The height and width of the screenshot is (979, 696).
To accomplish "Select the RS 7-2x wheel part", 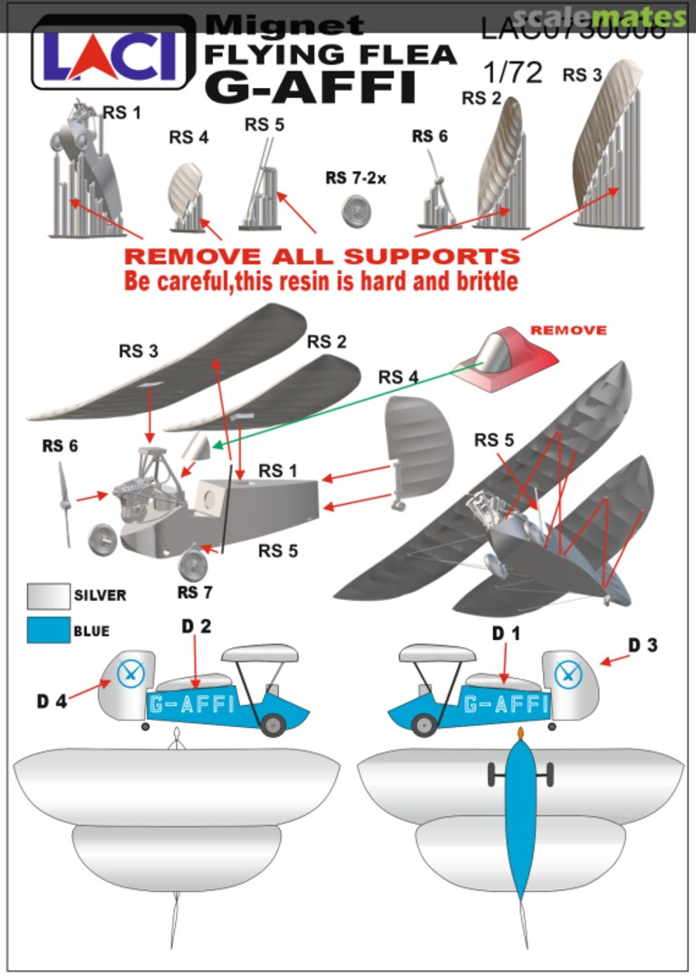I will point(359,212).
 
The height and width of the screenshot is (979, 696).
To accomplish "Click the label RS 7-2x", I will point(355,178).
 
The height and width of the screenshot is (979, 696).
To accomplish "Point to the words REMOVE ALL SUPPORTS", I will point(322,255).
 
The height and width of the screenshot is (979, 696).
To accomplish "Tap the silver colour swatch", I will point(48,595).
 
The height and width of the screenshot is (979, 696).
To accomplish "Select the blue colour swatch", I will point(48,630).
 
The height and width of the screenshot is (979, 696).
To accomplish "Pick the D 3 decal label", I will point(643,645).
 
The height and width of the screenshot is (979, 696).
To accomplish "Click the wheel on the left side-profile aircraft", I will point(273,725).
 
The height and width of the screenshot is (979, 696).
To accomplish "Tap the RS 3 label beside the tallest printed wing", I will point(582,75).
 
